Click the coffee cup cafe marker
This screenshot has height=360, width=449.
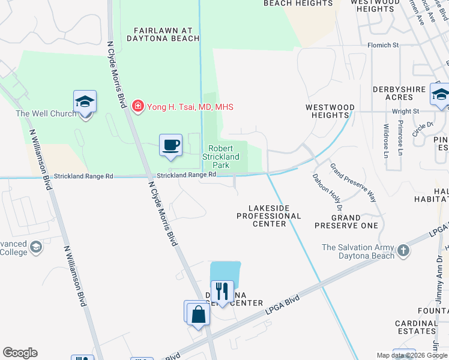pyautogui.click(x=171, y=145)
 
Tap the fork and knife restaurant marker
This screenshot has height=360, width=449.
pyautogui.click(x=222, y=292)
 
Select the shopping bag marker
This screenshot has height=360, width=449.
pyautogui.click(x=197, y=314)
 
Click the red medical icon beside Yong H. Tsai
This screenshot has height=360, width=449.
pyautogui.click(x=138, y=107)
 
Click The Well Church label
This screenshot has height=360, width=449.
pyautogui.click(x=46, y=113)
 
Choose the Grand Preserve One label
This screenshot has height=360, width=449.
pyautogui.click(x=347, y=221)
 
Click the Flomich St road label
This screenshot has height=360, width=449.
pyautogui.click(x=383, y=45)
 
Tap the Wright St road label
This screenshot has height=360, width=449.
pyautogui.click(x=405, y=111)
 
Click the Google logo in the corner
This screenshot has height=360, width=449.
pyautogui.click(x=20, y=353)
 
